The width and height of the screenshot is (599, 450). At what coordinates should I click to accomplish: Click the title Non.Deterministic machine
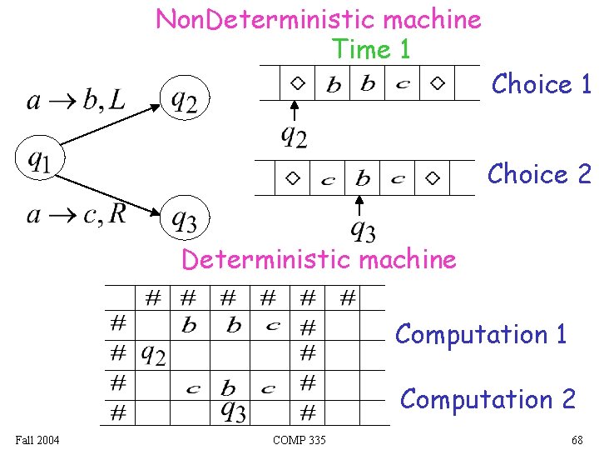click(x=318, y=19)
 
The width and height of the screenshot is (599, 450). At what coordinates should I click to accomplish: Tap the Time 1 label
click(x=371, y=49)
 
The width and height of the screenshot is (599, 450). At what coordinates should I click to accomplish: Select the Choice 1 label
click(x=541, y=84)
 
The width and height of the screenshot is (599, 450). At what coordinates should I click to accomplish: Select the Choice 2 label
click(x=538, y=174)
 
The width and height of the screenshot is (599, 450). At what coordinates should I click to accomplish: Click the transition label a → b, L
click(x=76, y=101)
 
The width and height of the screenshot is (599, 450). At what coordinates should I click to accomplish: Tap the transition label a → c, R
click(x=77, y=214)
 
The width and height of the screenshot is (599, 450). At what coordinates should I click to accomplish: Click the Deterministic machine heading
click(x=319, y=259)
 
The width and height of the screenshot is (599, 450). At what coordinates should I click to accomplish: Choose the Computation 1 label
click(x=481, y=334)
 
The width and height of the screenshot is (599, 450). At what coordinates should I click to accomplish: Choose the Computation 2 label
click(x=488, y=399)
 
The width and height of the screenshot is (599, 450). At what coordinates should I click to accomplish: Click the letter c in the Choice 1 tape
click(x=403, y=84)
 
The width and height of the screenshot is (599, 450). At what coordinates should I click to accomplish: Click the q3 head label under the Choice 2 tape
click(x=362, y=227)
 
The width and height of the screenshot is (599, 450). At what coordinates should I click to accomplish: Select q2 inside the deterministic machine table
click(x=152, y=355)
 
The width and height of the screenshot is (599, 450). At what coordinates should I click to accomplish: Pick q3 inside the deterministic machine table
click(x=233, y=410)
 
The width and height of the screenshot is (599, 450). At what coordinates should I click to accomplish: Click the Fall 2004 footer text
click(x=37, y=439)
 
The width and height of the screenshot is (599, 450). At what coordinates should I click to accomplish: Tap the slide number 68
click(x=577, y=439)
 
